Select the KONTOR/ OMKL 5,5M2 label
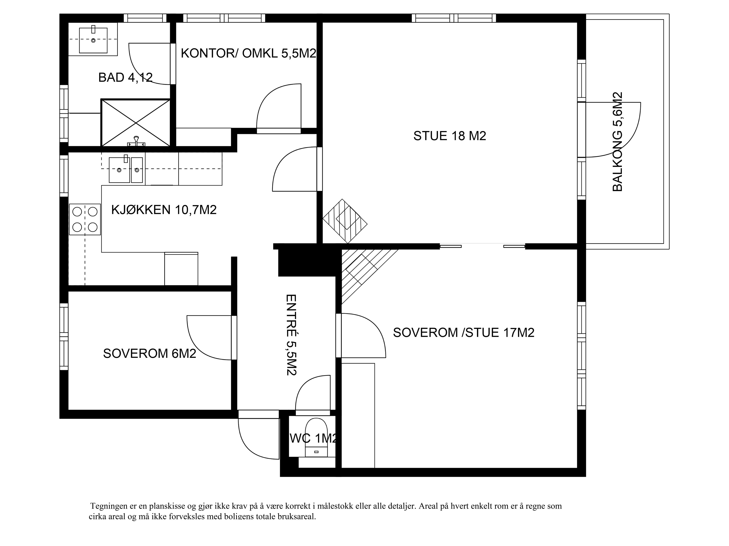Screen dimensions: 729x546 coord(249,53)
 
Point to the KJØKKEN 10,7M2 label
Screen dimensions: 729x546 coord(164,210)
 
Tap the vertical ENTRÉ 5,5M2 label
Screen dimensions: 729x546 coord(291,335)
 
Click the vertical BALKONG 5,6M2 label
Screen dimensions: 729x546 coord(617,142)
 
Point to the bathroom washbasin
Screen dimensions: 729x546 coord(93,40)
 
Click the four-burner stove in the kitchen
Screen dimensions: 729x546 coord(85,219)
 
